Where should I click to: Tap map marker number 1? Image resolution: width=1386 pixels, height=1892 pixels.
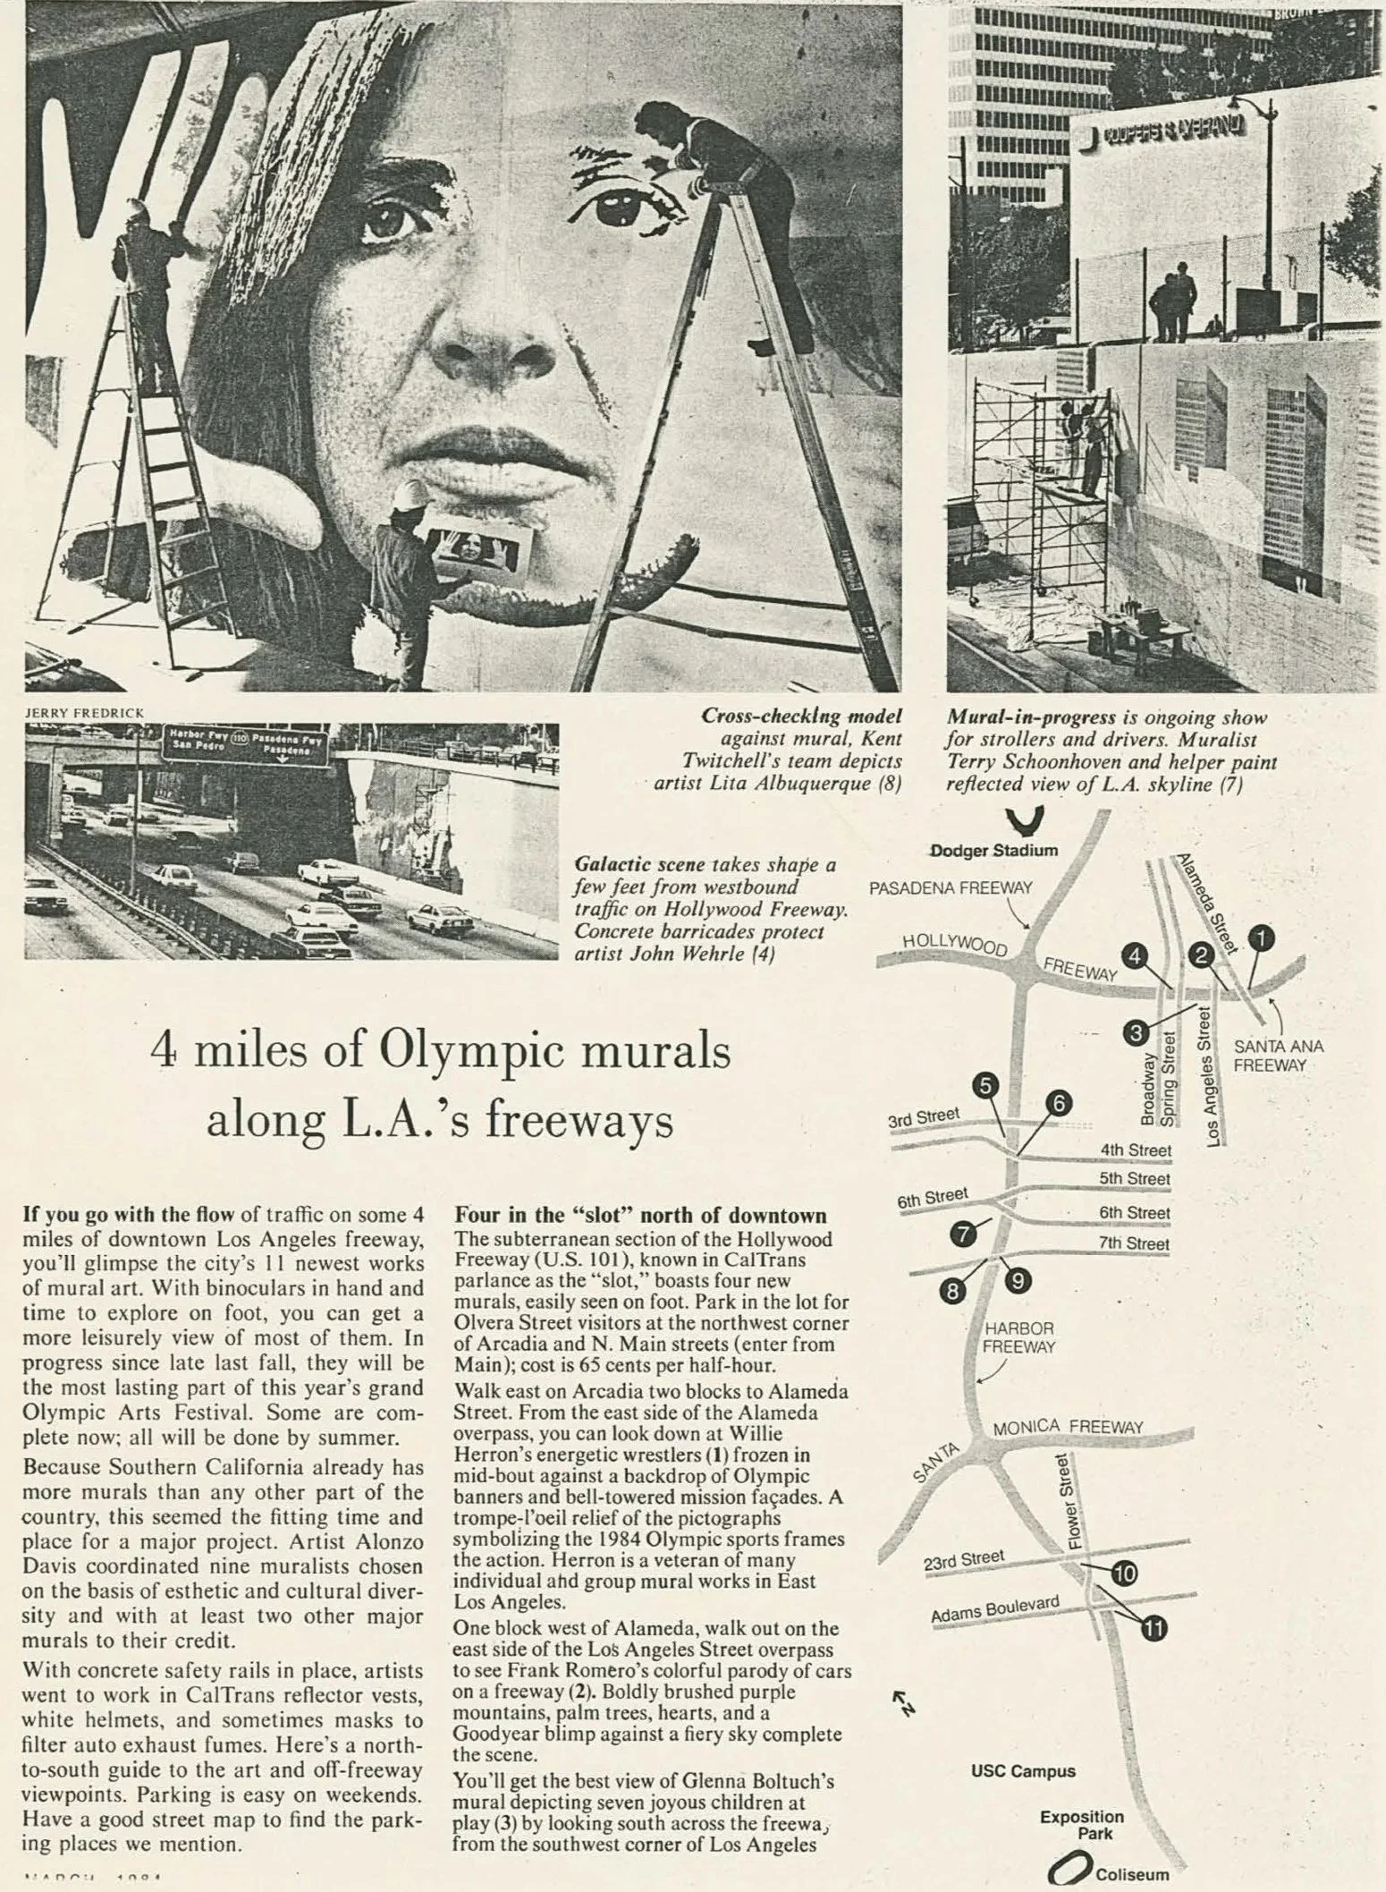(1263, 938)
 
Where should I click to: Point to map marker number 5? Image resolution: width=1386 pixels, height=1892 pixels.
(985, 1086)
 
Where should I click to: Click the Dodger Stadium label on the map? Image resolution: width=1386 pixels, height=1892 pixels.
(993, 850)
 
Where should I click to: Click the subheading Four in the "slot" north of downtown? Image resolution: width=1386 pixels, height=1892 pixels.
(641, 1216)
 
